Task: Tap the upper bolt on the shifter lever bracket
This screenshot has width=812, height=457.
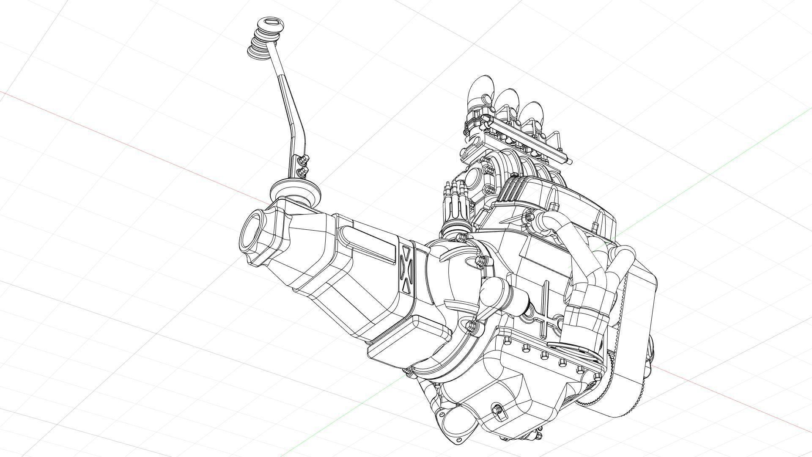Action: (303, 160)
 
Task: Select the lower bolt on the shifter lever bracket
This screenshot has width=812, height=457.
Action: (302, 171)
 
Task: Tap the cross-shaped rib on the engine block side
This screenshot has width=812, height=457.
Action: (546, 311)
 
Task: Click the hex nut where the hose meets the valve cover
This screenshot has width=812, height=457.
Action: (529, 217)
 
